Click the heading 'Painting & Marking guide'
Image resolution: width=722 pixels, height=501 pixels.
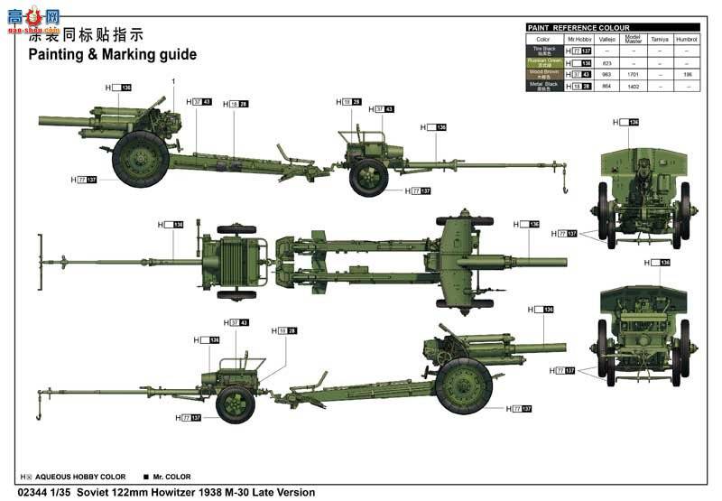pos(112,54)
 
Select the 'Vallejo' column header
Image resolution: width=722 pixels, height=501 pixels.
pos(607,39)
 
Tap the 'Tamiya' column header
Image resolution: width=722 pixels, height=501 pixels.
pos(660,39)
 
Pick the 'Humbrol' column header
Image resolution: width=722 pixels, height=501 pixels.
pos(687,39)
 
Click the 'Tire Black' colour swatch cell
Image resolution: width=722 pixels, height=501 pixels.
pos(543,51)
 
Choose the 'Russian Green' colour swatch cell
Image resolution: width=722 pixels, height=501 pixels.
pos(543,63)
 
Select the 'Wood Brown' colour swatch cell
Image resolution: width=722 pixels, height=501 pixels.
pos(543,75)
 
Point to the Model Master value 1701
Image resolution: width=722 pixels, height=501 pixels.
pos(634,75)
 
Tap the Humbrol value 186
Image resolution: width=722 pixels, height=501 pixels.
pos(687,75)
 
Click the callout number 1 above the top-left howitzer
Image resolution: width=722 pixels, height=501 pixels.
pos(173,81)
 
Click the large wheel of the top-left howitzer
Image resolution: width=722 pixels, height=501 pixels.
pos(140,159)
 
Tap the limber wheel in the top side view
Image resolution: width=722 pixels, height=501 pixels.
pos(369,177)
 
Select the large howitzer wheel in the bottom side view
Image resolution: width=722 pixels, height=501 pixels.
pos(463,385)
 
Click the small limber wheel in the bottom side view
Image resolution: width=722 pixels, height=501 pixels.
pos(236,404)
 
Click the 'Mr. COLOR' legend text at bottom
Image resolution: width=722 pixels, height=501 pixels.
pos(172,477)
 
